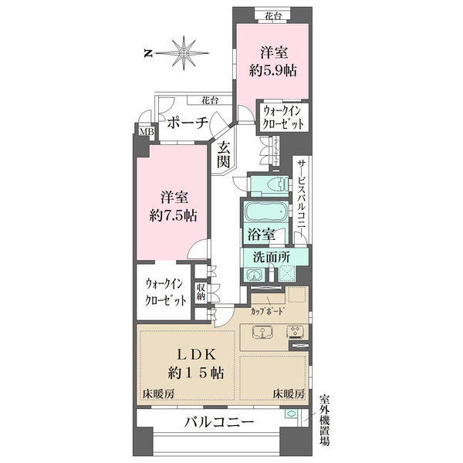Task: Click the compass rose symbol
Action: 184,52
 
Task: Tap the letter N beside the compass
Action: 147,53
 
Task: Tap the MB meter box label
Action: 145,132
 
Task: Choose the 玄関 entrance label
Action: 223,154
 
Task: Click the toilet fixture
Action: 273,185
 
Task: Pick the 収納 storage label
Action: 201,292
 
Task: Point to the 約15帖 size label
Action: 196,373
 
